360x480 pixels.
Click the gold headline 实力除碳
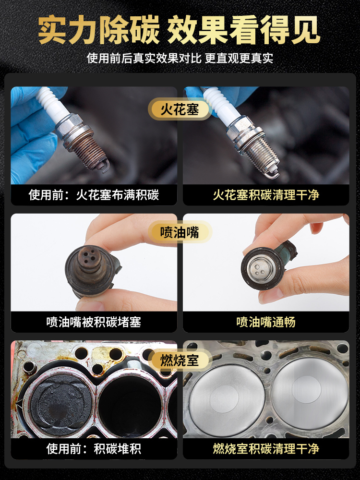point(99,30)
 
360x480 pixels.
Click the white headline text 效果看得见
point(243,30)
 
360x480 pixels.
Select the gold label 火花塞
point(180,109)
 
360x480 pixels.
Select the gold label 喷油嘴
point(180,233)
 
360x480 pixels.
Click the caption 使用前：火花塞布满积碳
point(94,195)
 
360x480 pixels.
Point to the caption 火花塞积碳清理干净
point(266,195)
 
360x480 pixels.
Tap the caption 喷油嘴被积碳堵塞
point(94,322)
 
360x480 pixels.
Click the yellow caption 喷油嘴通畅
point(266,322)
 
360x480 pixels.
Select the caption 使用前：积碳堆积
point(94,449)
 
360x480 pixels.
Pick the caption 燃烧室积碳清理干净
point(266,449)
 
